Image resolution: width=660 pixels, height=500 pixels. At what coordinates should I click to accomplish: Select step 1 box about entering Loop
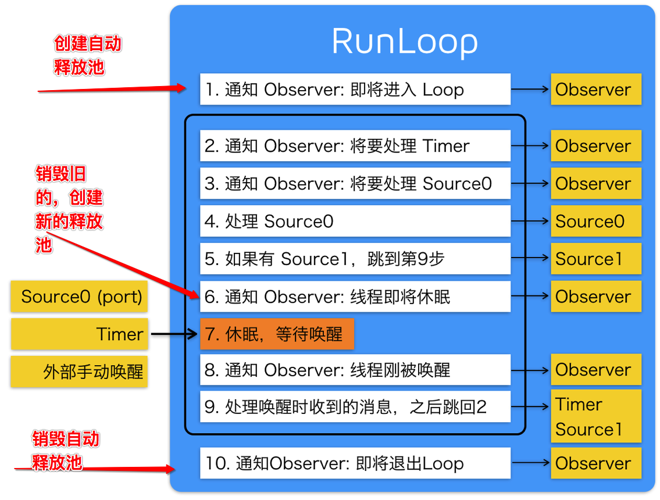point(355,90)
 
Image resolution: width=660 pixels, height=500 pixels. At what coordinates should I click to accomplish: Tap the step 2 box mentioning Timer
point(355,146)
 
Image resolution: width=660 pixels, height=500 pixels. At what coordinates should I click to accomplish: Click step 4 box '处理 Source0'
point(355,222)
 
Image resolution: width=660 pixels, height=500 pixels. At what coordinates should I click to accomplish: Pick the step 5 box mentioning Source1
point(355,259)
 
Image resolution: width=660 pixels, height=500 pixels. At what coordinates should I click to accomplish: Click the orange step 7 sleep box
point(277,334)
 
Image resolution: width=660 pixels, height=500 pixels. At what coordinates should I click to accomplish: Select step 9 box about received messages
point(355,407)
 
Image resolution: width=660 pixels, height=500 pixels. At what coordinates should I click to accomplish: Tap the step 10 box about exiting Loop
point(355,463)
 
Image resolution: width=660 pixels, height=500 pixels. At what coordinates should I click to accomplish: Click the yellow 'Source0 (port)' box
point(80,297)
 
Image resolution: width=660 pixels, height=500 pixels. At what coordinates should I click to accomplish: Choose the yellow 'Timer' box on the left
point(80,334)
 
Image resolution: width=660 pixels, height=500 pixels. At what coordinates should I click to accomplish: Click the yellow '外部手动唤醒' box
point(80,372)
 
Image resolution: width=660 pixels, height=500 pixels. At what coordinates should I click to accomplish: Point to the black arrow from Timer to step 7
point(174,334)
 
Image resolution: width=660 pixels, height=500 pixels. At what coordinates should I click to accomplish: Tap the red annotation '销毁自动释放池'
point(65,451)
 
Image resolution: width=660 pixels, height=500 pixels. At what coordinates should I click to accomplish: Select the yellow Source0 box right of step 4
point(596,222)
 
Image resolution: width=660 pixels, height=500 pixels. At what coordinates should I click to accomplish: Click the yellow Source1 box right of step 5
point(596,259)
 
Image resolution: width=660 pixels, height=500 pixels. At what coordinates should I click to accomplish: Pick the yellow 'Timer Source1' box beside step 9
point(596,417)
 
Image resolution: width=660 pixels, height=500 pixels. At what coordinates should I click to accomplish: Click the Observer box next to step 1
point(596,90)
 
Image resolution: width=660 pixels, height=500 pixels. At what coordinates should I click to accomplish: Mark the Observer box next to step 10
point(596,463)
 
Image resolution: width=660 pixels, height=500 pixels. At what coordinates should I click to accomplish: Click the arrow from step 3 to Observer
point(530,184)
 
